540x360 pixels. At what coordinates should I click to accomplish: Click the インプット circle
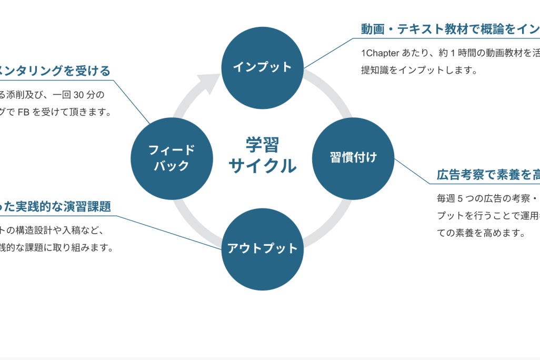262,67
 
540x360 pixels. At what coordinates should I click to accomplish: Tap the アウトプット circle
262,248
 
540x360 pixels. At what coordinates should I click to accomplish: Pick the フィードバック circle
172,158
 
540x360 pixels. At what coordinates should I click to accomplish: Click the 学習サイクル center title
262,155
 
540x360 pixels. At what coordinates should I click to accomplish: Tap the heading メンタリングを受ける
55,71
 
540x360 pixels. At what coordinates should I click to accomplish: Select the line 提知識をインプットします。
419,70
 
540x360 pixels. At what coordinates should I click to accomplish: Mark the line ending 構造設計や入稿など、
53,230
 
